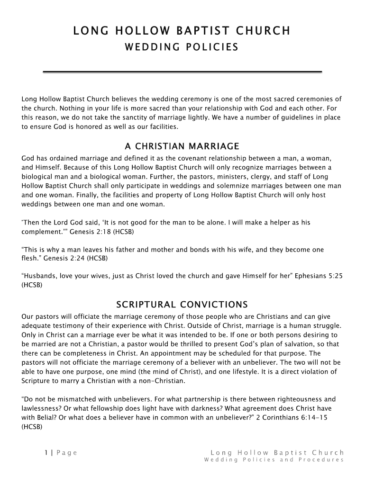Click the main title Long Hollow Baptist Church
pos(182,31)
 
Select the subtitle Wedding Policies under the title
pos(182,47)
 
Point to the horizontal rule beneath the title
pos(182,72)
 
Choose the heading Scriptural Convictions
pos(182,304)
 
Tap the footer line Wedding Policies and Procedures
pos(274,460)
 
